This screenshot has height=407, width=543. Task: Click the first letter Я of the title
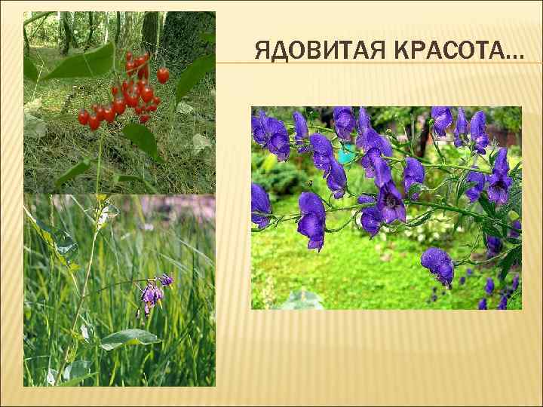[262, 52]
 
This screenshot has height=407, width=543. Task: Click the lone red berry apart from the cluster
[163, 75]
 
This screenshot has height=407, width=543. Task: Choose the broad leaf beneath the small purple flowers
[128, 338]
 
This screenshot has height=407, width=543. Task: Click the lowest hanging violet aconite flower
[437, 264]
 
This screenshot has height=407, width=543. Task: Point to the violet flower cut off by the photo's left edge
[259, 203]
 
